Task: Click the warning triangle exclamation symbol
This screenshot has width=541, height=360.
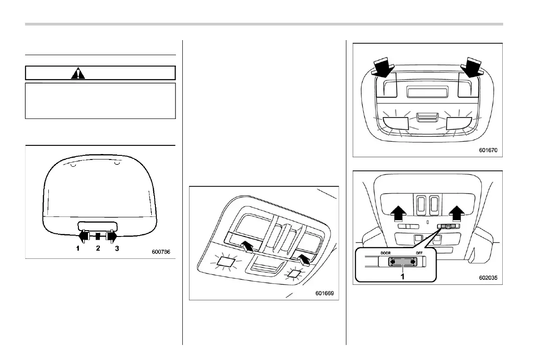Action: click(77, 73)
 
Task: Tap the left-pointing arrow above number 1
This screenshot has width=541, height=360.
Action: click(83, 236)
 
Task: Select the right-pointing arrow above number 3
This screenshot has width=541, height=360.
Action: click(112, 236)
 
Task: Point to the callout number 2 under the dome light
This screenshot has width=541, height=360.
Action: click(98, 248)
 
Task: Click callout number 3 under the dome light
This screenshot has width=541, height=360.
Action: click(117, 248)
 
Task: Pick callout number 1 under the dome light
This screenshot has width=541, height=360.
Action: click(78, 248)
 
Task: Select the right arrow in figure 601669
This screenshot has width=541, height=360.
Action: click(302, 259)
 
